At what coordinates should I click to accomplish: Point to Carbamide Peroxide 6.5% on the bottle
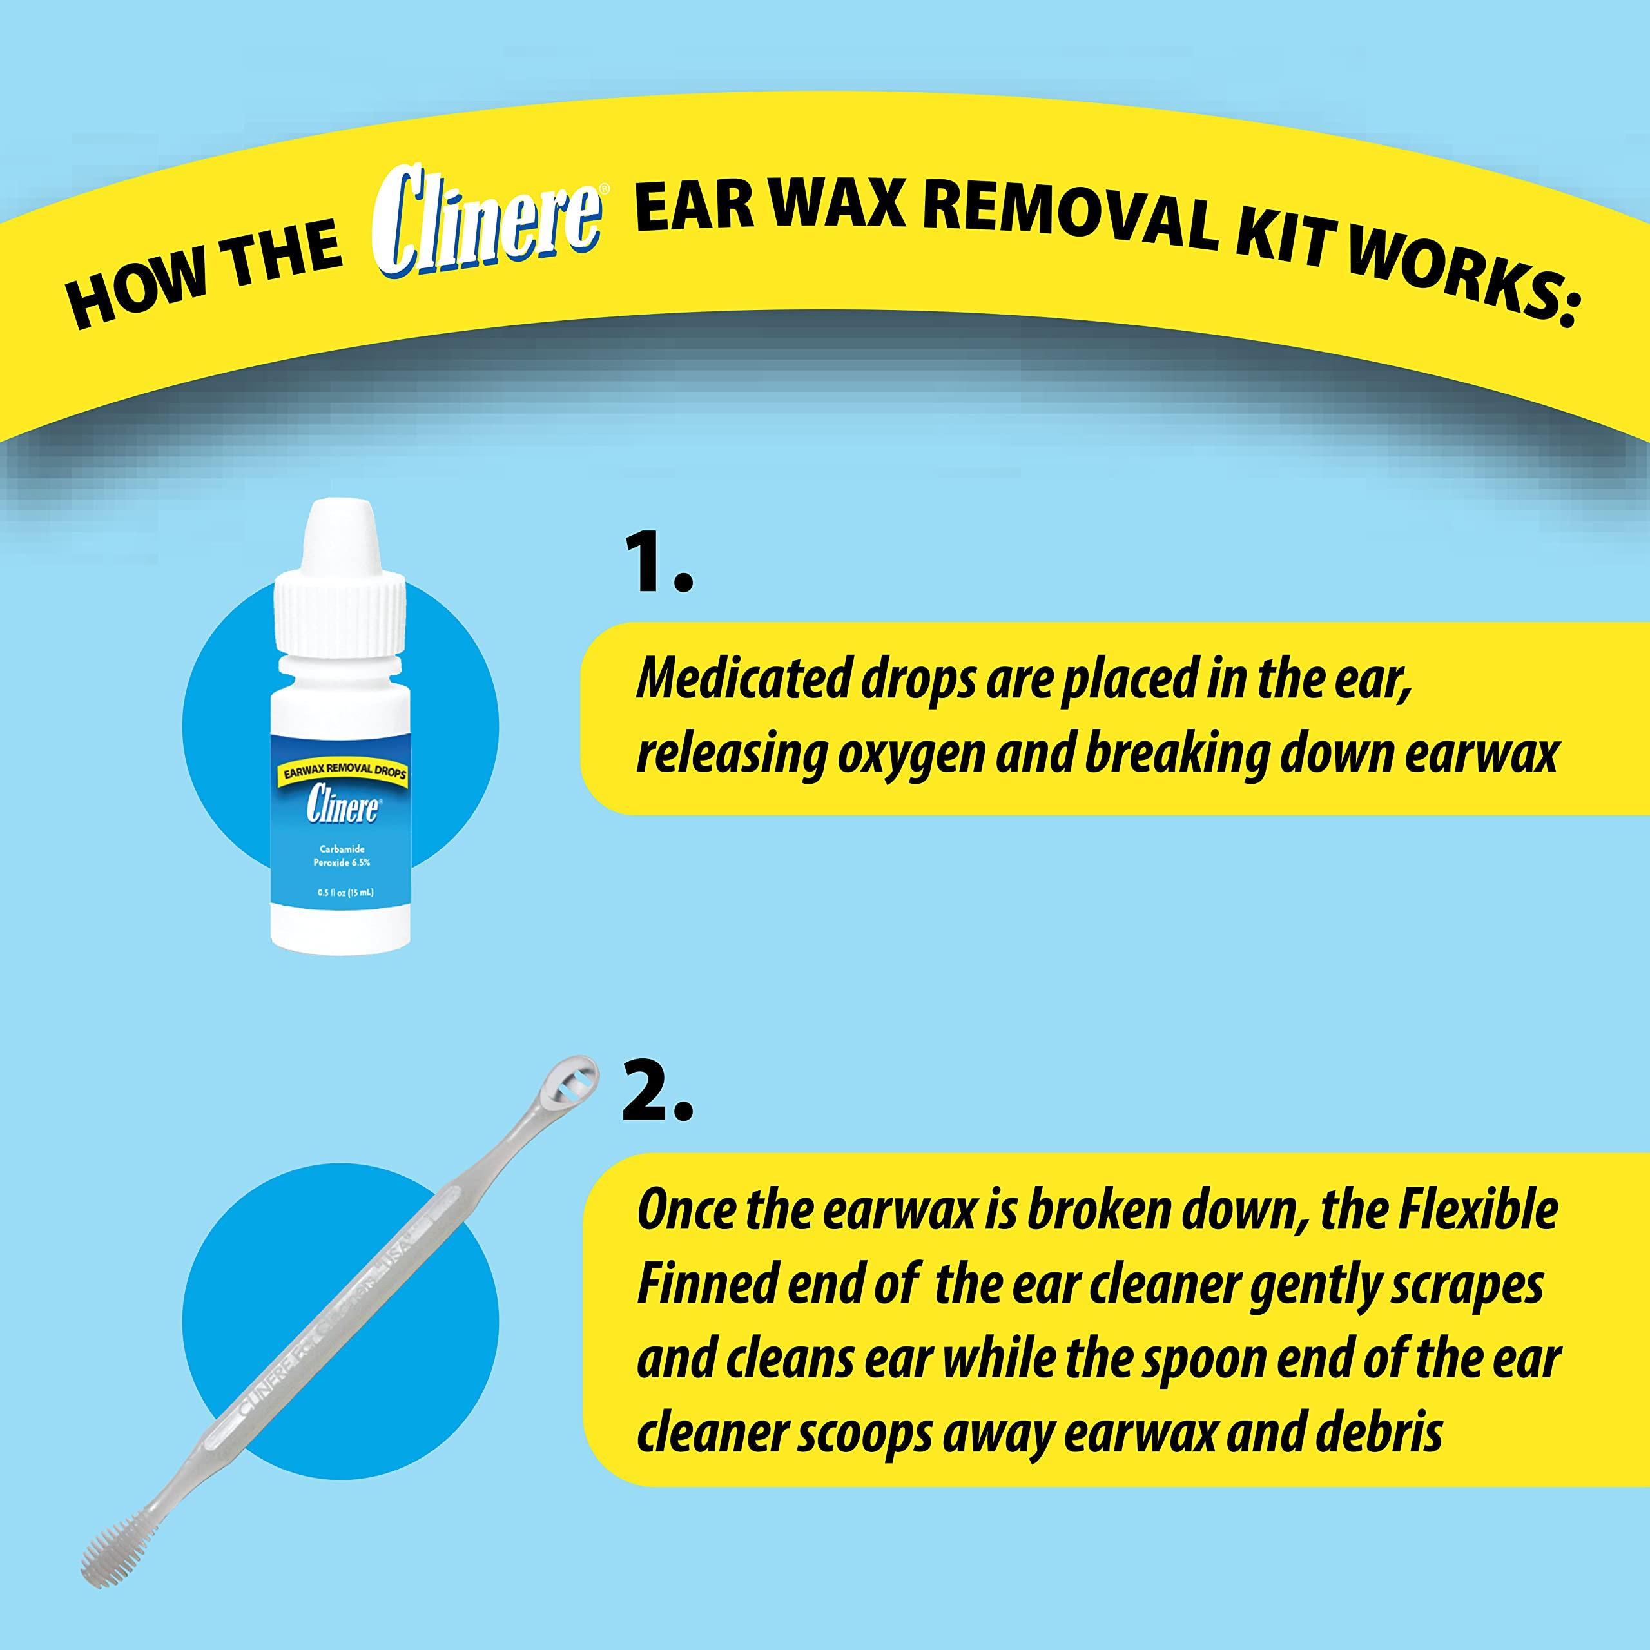coord(342,857)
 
